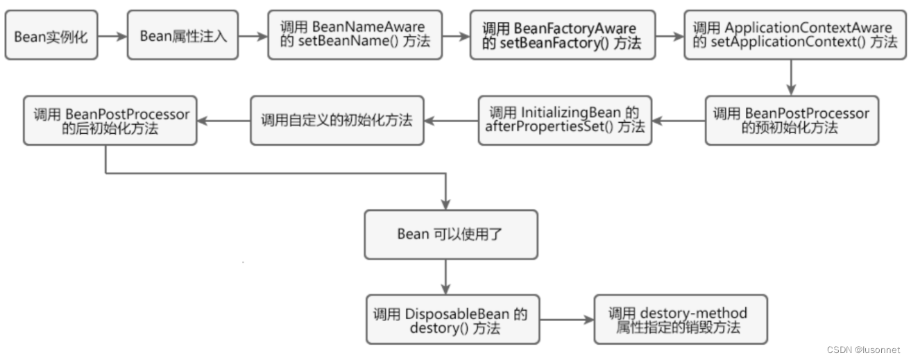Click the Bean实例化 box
pyautogui.click(x=51, y=35)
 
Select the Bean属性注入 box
pyautogui.click(x=182, y=35)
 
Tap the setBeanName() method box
pyautogui.click(x=355, y=35)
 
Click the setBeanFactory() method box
pyautogui.click(x=561, y=35)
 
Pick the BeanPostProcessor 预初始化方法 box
pyautogui.click(x=791, y=120)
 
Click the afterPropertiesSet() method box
pyautogui.click(x=565, y=120)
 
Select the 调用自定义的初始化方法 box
pyautogui.click(x=337, y=120)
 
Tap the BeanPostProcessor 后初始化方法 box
pyautogui.click(x=110, y=120)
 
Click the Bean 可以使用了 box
pyautogui.click(x=450, y=234)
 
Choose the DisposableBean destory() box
pyautogui.click(x=452, y=320)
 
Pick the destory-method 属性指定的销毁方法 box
pyautogui.click(x=681, y=320)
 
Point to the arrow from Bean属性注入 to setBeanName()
pyautogui.click(x=253, y=35)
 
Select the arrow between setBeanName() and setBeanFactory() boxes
pyautogui.click(x=456, y=35)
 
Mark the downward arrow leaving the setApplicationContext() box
pyautogui.click(x=791, y=76)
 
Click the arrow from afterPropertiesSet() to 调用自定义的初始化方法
pyautogui.click(x=451, y=121)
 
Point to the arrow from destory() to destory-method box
pyautogui.click(x=567, y=320)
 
